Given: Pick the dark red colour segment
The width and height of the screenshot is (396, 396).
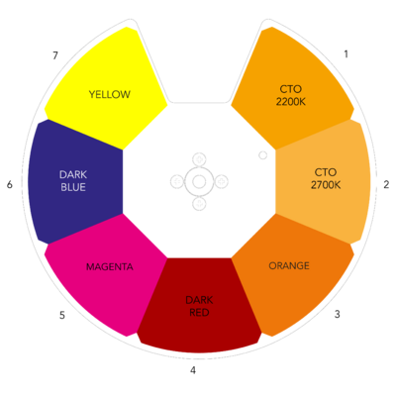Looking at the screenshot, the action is (199, 305).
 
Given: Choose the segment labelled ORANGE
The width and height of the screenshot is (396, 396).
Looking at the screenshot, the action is (290, 270).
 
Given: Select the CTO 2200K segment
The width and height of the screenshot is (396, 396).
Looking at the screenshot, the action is (290, 92).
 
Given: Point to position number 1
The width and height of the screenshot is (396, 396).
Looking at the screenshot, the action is (346, 54).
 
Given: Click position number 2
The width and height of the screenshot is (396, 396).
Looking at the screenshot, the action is (386, 185).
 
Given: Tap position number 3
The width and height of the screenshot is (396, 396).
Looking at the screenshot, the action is (337, 314).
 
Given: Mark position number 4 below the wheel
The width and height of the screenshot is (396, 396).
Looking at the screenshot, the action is (193, 370).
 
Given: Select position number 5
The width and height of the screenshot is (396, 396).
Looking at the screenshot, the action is (62, 316).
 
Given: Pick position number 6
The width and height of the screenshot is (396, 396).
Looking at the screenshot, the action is (10, 184).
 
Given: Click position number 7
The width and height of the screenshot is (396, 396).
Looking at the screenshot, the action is (55, 55).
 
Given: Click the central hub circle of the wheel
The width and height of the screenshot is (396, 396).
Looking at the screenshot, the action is (199, 181).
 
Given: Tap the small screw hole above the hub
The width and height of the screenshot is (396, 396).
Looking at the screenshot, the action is (199, 159).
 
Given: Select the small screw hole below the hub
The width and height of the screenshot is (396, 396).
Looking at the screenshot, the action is (199, 203).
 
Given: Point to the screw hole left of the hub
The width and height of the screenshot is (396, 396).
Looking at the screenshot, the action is (177, 181).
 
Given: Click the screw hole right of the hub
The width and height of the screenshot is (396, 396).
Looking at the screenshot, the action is (221, 181).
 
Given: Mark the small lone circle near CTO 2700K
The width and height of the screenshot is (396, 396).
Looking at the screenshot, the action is (262, 155).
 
